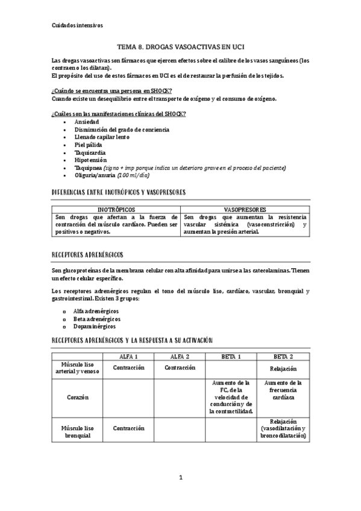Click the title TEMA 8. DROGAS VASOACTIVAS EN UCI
click(x=180, y=46)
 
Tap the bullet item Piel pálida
click(x=88, y=145)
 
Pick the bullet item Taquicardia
click(x=90, y=152)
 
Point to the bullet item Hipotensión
click(x=90, y=160)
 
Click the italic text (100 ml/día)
click(x=134, y=176)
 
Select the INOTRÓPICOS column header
click(x=116, y=209)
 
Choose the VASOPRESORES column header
click(x=245, y=209)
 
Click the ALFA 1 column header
click(x=128, y=357)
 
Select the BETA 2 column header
click(x=283, y=357)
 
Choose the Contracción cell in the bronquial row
click(x=128, y=428)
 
